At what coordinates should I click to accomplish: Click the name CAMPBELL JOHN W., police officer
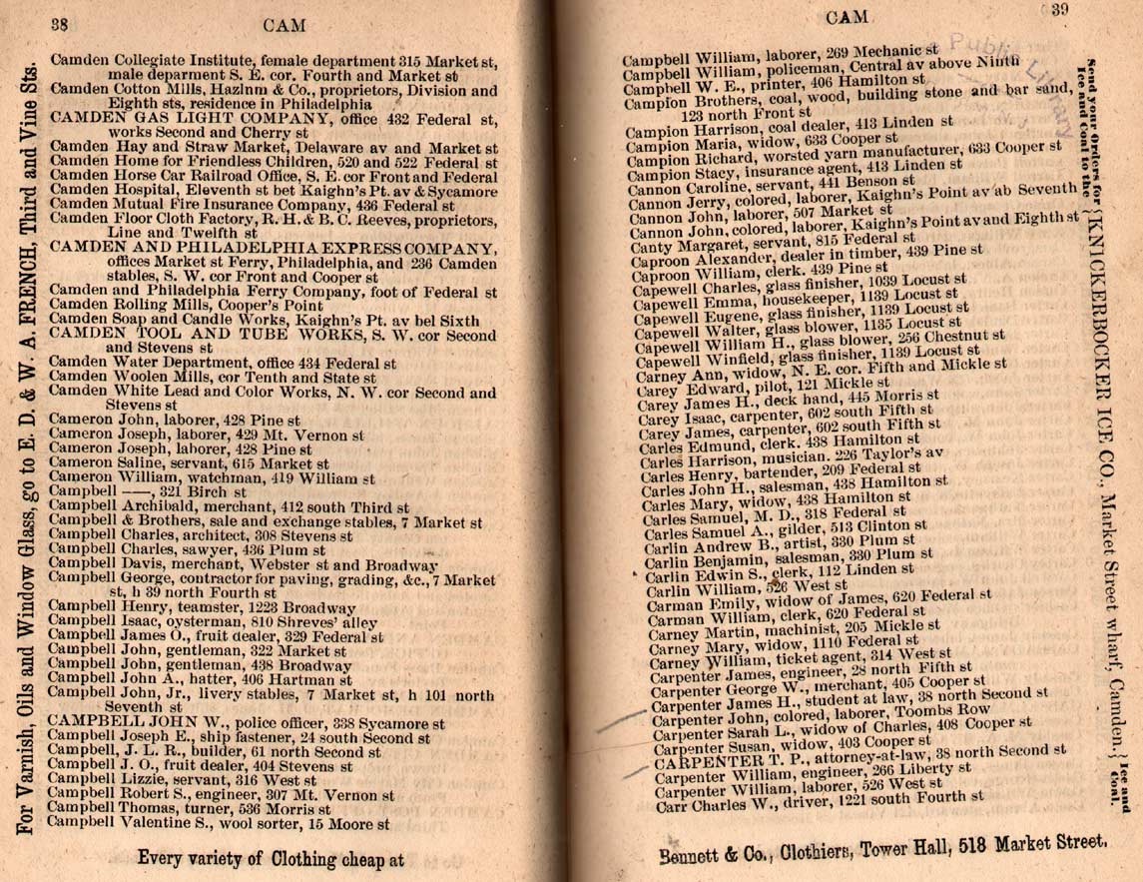[150, 721]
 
